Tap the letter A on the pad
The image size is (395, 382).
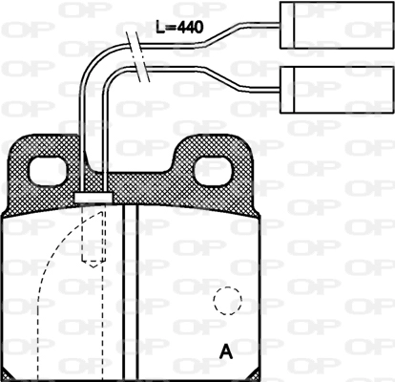click(226, 350)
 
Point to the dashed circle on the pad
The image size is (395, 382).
click(228, 302)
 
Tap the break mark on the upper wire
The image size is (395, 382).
click(136, 43)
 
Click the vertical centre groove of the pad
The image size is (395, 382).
click(133, 286)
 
